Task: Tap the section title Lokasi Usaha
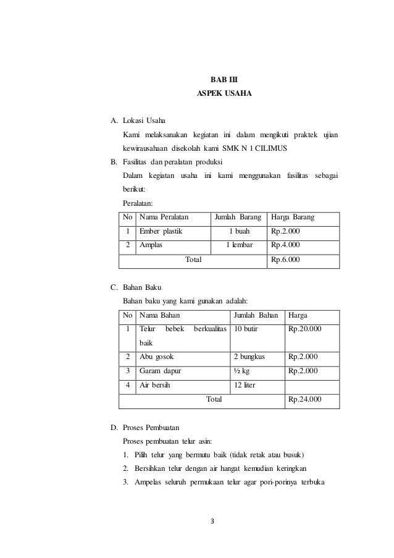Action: tap(145, 120)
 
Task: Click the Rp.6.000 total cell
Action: tap(286, 260)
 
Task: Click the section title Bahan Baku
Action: tap(142, 287)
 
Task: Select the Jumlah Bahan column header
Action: tap(256, 315)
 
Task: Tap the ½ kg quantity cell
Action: tap(243, 371)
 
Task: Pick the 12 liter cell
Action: tap(245, 386)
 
